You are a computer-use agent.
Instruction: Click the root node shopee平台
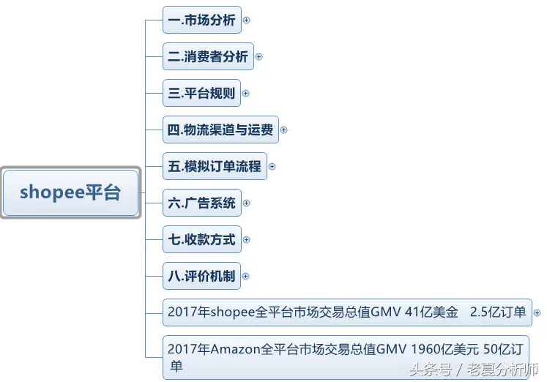click(71, 192)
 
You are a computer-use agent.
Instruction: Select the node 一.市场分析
click(202, 20)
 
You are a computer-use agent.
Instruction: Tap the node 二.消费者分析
click(208, 56)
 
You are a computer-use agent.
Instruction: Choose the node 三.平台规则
click(201, 93)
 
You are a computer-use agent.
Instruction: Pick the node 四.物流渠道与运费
click(221, 130)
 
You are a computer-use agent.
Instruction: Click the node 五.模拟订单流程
click(215, 166)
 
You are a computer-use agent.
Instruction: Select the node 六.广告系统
click(202, 203)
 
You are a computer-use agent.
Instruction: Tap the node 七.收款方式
click(202, 239)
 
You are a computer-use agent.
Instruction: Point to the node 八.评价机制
click(201, 276)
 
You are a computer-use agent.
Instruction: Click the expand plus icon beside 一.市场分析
click(246, 20)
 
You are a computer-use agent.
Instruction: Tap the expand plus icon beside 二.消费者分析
click(258, 57)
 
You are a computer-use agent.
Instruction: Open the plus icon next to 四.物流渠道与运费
click(284, 130)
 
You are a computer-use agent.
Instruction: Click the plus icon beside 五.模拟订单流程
click(272, 167)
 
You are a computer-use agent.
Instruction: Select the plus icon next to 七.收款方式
click(246, 240)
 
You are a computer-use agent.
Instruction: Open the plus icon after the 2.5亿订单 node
click(537, 313)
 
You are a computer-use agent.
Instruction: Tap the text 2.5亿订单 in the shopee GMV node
click(498, 312)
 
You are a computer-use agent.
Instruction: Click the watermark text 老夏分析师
click(502, 370)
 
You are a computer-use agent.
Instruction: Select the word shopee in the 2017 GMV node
click(233, 312)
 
